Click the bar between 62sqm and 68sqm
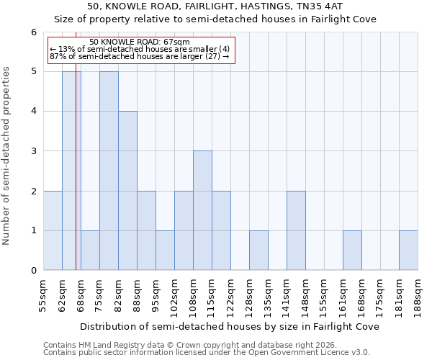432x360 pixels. click(71, 171)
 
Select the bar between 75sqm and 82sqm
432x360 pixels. click(109, 171)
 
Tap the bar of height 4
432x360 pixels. click(127, 191)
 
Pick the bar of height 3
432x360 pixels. click(202, 210)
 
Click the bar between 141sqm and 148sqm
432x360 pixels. click(296, 230)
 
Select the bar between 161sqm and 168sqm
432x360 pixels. click(352, 251)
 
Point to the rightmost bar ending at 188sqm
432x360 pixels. click(408, 251)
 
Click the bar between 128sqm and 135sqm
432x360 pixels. click(258, 251)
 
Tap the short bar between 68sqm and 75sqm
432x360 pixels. click(90, 251)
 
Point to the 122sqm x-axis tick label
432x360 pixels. click(231, 296)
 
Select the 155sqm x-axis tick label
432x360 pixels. click(325, 296)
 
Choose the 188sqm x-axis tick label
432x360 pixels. click(418, 296)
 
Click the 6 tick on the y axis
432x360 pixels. click(33, 32)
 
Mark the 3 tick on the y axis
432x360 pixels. click(33, 151)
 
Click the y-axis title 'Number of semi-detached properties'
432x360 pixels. click(7, 156)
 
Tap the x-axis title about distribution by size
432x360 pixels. click(230, 326)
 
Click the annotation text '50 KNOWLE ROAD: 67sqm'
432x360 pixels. click(140, 42)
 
